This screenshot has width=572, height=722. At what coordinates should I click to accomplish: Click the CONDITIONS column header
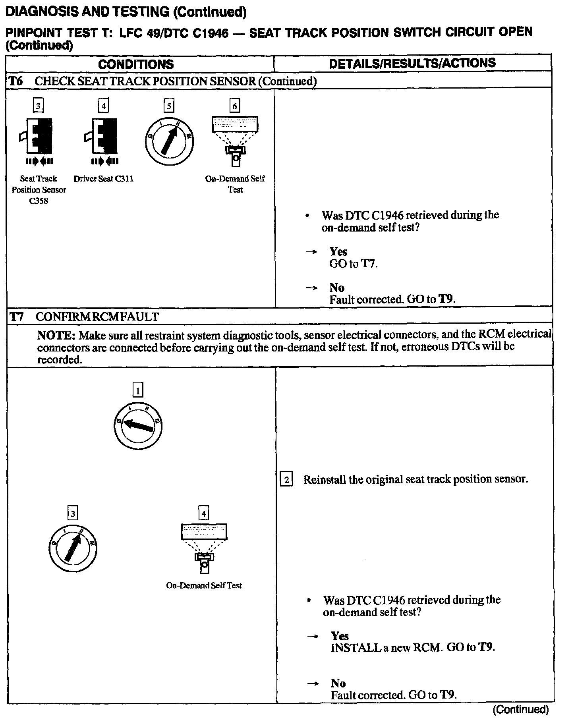[136, 64]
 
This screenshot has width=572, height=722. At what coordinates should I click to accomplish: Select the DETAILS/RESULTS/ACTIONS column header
[412, 63]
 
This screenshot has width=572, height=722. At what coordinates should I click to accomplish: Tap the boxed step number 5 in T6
[169, 106]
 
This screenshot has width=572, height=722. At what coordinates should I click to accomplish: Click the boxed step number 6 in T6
[235, 106]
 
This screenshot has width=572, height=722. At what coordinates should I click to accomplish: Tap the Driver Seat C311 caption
[103, 179]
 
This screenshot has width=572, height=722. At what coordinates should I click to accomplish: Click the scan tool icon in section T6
[235, 139]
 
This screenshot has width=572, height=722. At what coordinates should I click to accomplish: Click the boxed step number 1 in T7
[137, 390]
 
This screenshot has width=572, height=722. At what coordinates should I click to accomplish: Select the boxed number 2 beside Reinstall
[286, 479]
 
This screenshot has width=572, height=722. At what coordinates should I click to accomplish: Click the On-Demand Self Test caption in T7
[204, 585]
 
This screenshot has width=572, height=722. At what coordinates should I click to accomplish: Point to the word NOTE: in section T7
[56, 336]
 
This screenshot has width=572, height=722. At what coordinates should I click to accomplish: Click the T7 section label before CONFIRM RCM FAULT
[17, 317]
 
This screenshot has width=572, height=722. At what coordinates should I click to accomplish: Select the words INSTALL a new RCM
[386, 647]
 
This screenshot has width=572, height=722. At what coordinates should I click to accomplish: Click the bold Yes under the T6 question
[338, 251]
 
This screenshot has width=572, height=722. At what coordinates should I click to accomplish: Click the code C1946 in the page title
[211, 33]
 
